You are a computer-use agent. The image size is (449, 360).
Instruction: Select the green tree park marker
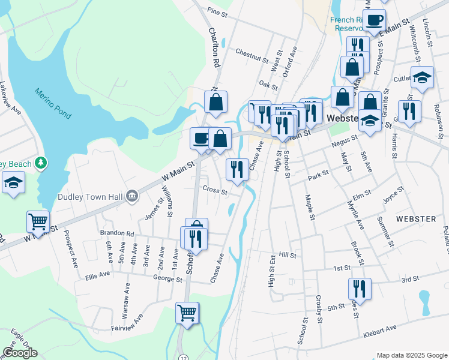click(x=41, y=163)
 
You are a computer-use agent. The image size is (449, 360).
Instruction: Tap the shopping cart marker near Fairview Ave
click(x=187, y=313)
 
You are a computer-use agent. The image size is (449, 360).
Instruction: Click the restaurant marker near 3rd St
click(x=360, y=288)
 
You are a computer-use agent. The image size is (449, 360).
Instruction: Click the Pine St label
click(x=218, y=12)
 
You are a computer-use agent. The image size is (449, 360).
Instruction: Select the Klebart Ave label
click(x=379, y=329)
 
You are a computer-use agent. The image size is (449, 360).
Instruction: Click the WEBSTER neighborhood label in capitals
click(x=416, y=219)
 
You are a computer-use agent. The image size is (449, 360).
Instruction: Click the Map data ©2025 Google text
click(x=411, y=355)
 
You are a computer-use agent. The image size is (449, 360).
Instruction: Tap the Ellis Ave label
click(x=97, y=275)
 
